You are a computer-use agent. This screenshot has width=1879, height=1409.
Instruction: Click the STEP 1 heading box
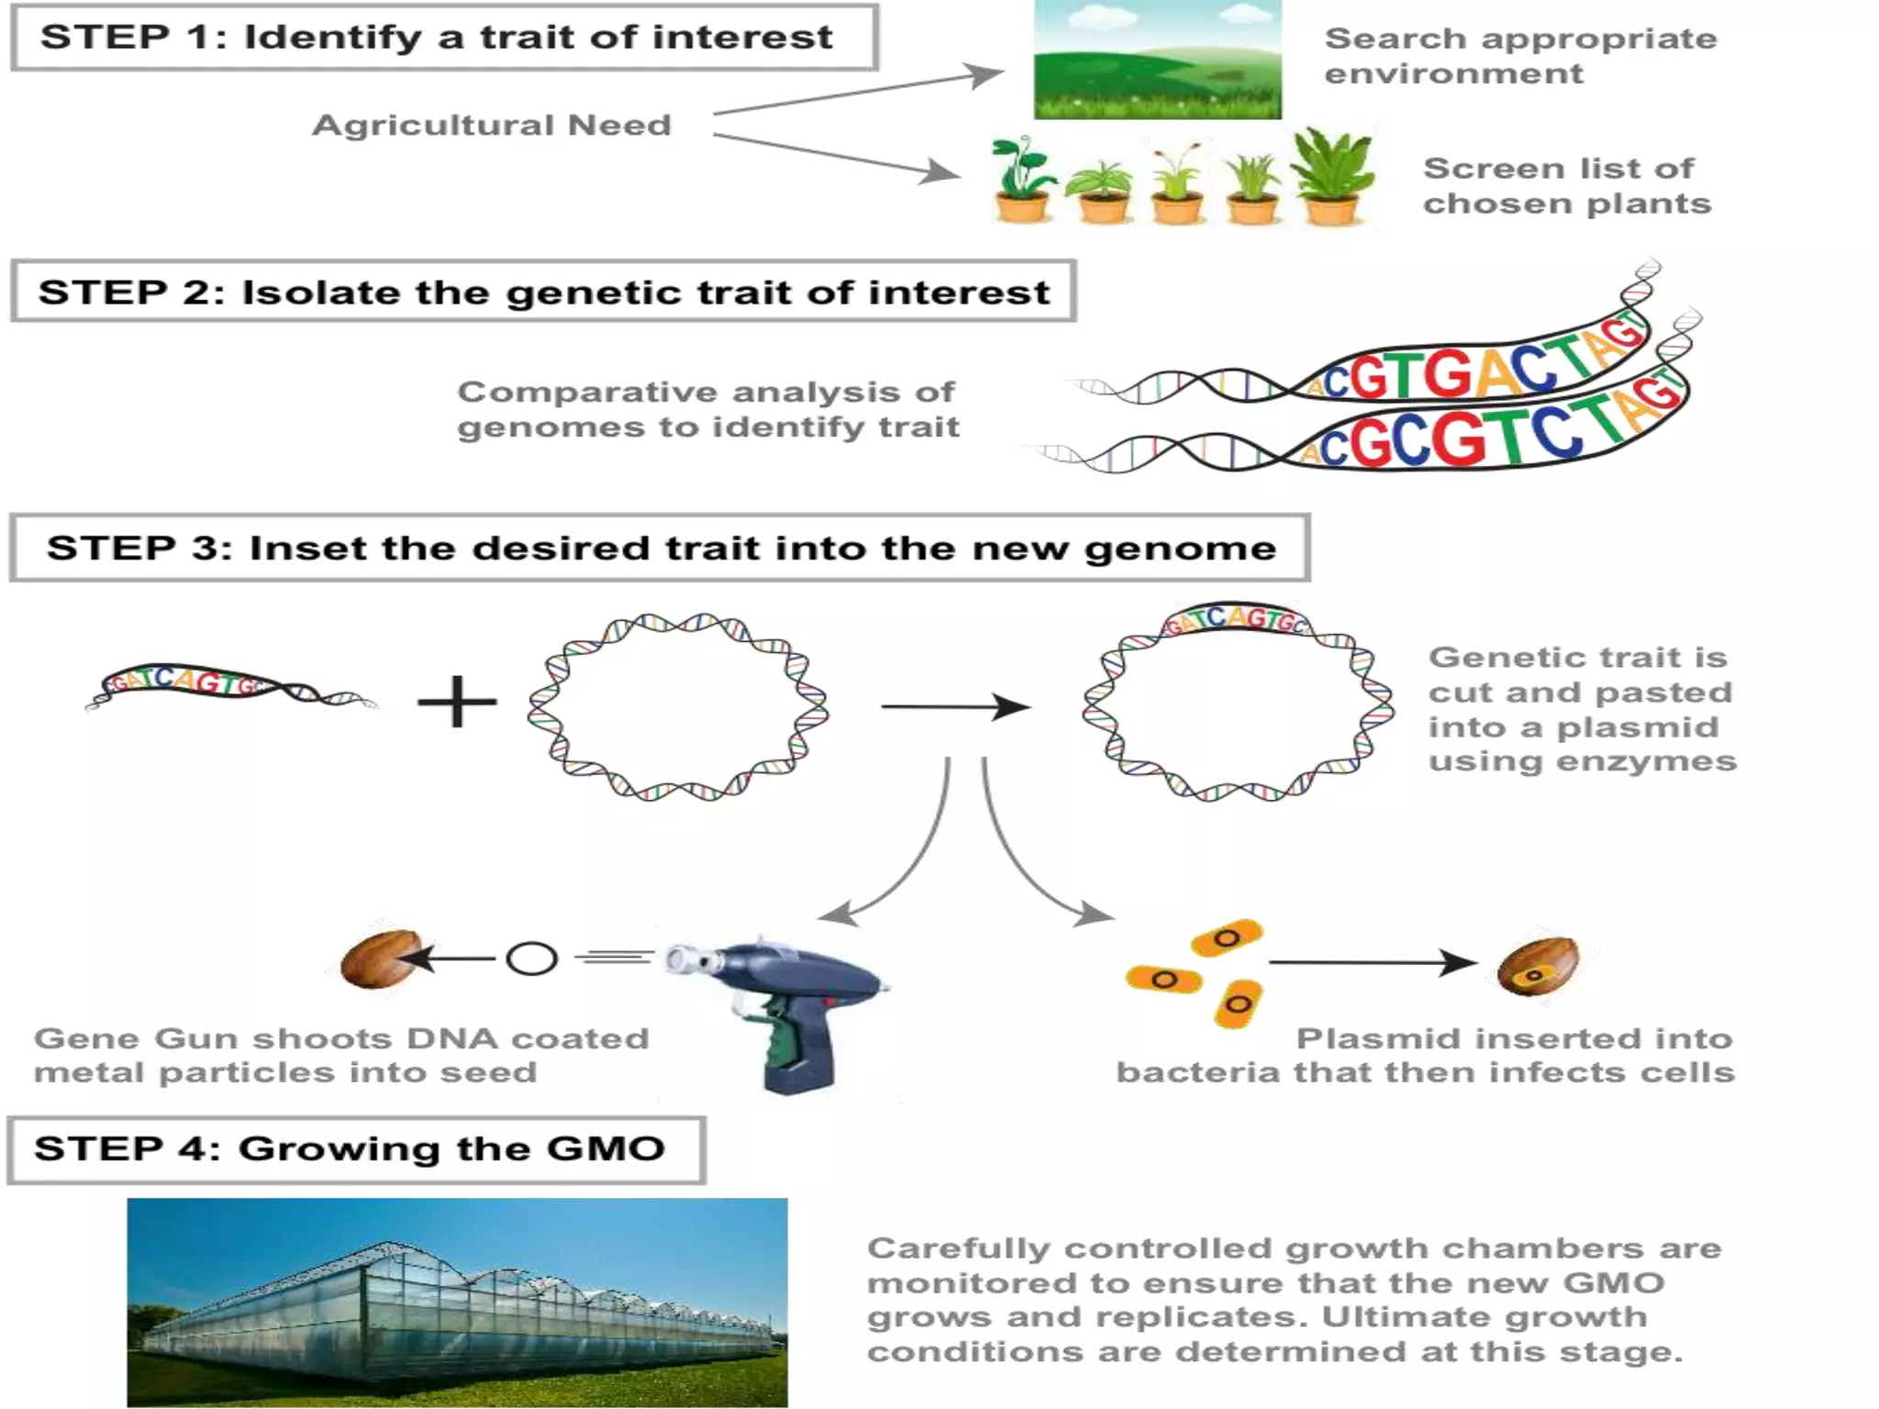coord(444,38)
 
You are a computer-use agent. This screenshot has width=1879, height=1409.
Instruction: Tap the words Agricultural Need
coord(492,125)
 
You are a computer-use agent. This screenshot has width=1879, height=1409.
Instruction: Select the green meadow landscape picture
coord(1157,61)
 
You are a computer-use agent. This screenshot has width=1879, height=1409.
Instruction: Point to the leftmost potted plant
coord(1022,181)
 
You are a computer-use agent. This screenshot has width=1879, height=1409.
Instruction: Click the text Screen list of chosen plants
coord(1565,185)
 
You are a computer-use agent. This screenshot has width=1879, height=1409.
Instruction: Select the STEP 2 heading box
coord(543,292)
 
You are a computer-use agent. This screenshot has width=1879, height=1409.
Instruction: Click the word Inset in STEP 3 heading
coord(308,548)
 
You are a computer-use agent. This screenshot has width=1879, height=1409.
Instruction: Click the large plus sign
coord(457,703)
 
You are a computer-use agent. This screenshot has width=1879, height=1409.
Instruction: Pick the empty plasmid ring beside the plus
coord(677,707)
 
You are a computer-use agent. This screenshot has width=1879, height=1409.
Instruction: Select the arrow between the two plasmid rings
coord(954,706)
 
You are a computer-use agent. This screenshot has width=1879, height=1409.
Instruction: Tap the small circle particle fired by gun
coord(531,960)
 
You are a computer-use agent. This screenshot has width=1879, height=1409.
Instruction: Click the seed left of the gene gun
coord(380,960)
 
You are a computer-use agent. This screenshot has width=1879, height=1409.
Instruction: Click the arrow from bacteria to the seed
coord(1371,962)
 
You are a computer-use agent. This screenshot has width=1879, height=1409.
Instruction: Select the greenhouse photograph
coord(457,1303)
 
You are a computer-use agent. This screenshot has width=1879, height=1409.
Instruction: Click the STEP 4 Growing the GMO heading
coord(356,1149)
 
